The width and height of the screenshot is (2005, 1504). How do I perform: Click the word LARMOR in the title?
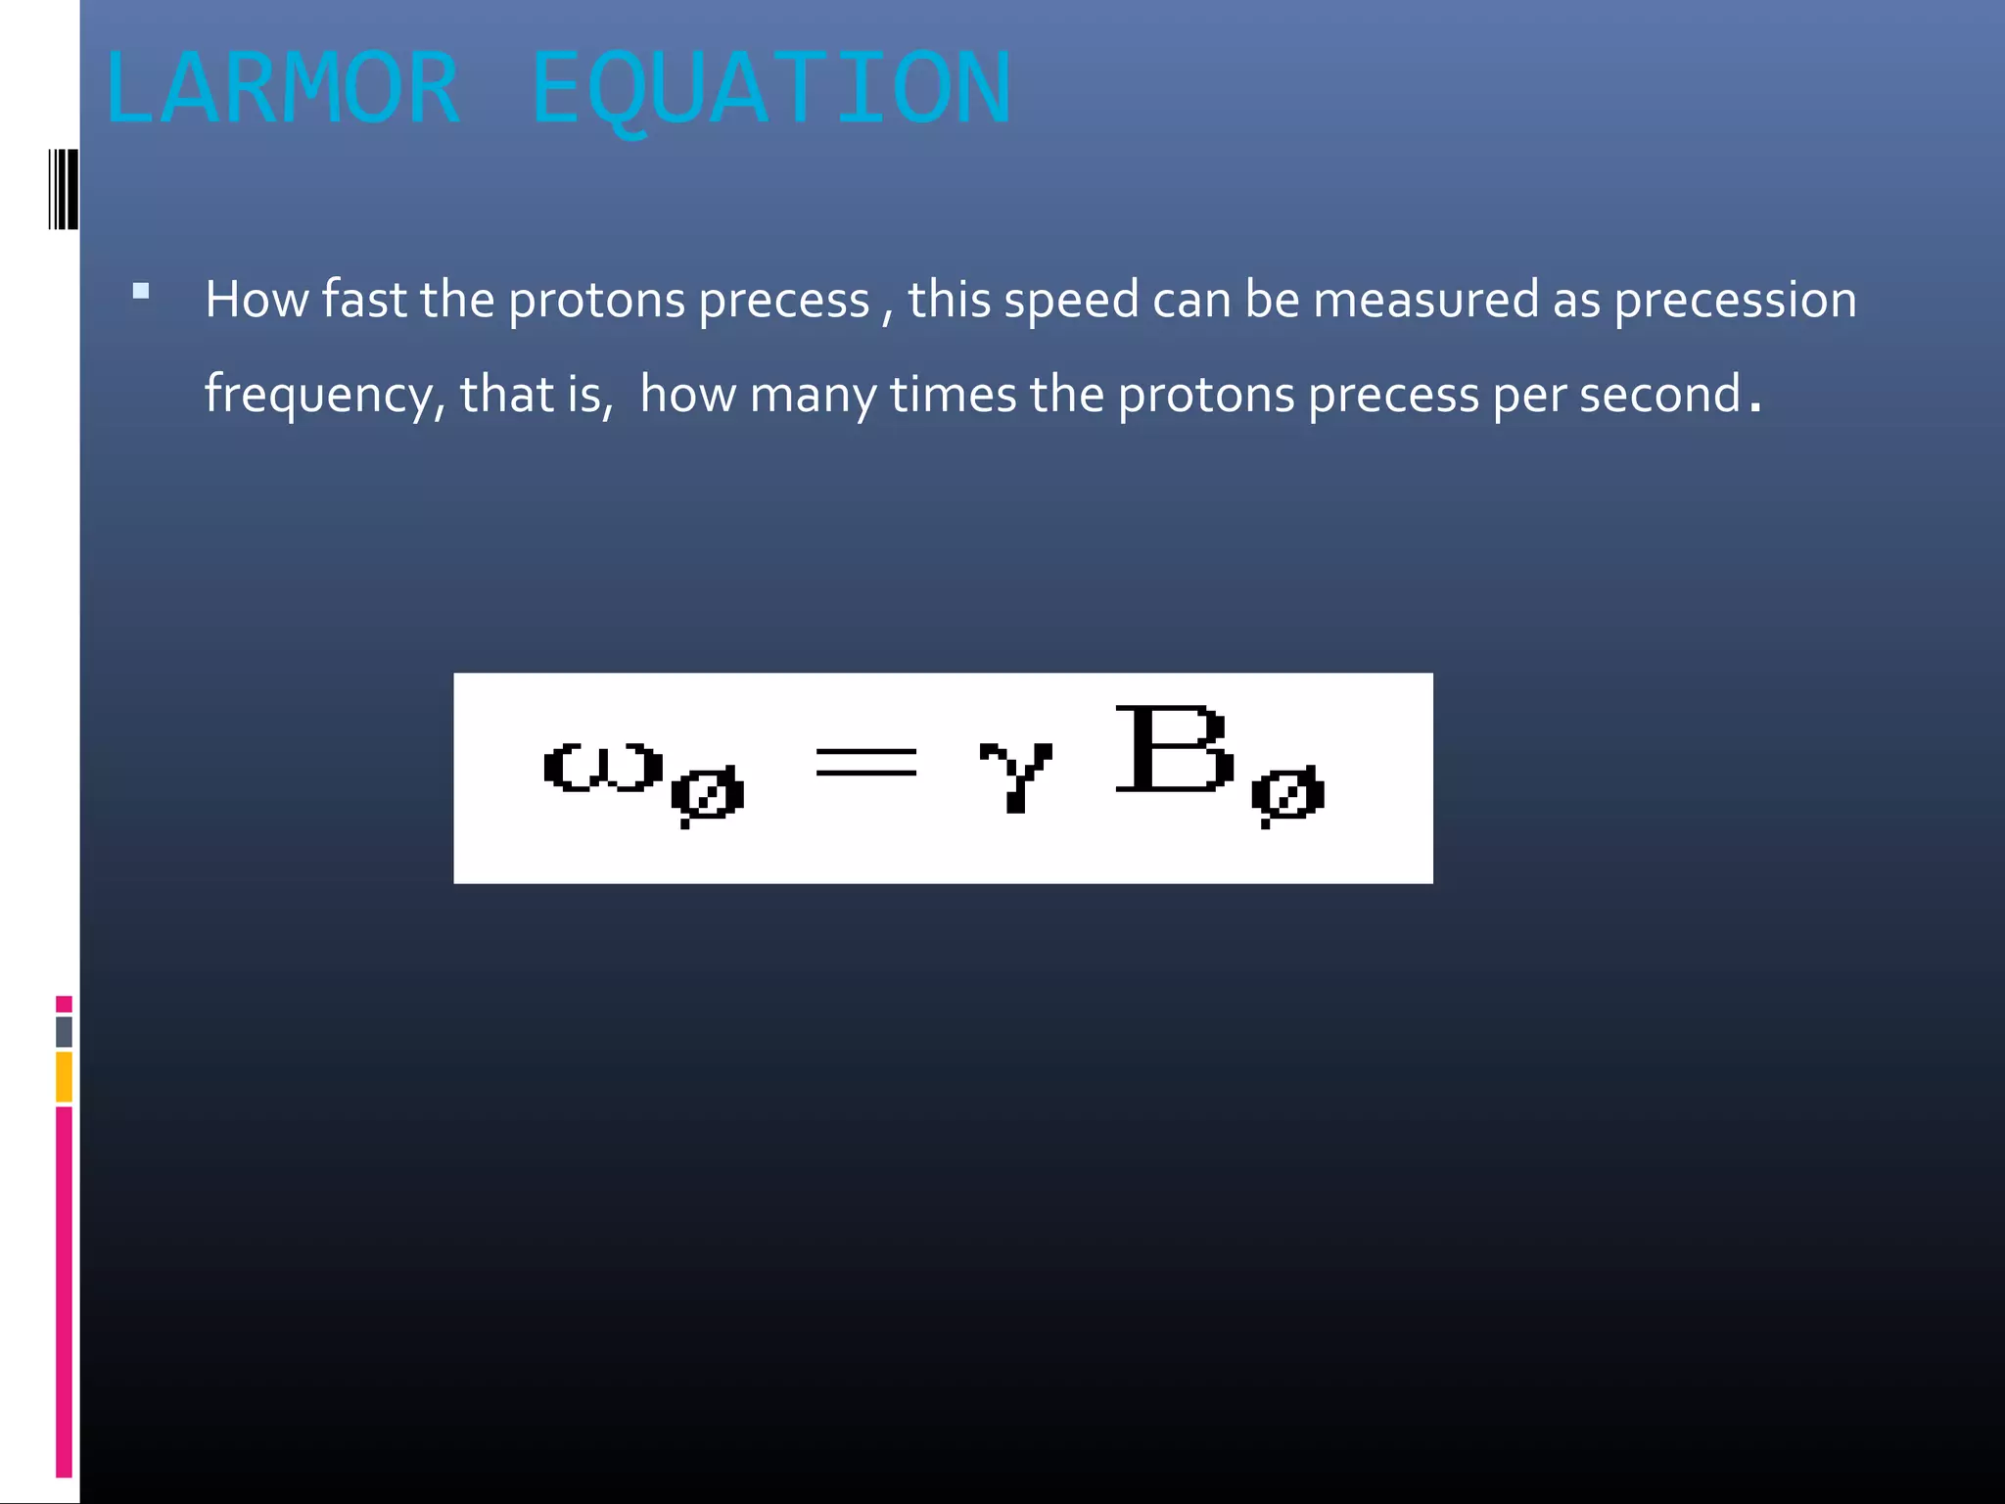coord(282,88)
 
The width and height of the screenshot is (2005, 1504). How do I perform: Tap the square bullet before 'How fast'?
coord(141,291)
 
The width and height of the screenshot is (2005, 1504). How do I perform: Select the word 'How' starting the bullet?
coord(256,300)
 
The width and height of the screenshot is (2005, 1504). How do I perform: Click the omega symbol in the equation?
coord(603,767)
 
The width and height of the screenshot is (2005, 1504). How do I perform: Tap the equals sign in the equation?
coord(866,761)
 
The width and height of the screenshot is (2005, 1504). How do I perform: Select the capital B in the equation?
coord(1173,749)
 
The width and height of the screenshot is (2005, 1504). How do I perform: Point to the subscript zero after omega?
coord(708,794)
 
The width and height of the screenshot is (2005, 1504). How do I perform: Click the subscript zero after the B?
coord(1287,794)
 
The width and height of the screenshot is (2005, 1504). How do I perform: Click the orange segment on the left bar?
coord(64,1076)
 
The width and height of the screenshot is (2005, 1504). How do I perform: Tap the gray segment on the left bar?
coord(64,1031)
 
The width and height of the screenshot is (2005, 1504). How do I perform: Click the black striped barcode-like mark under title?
coord(63,189)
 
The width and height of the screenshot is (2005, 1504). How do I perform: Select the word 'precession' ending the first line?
coord(1735,300)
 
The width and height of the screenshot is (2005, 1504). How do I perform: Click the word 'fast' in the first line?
coord(364,300)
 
